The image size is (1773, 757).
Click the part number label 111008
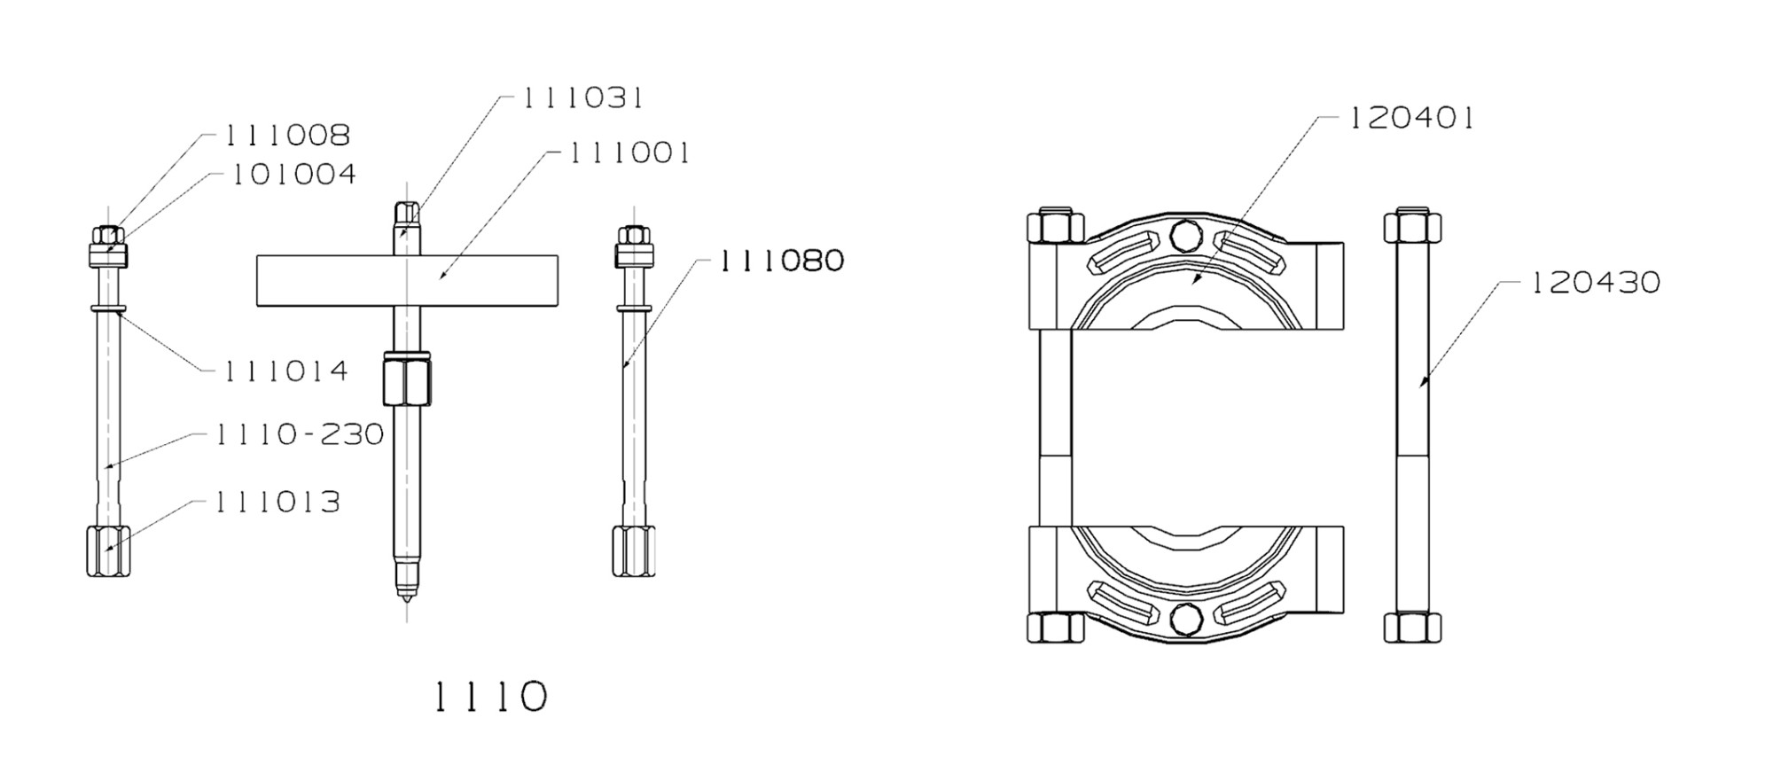point(286,136)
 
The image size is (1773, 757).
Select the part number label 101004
point(293,175)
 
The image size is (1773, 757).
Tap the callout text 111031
point(582,98)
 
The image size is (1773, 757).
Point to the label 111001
point(629,153)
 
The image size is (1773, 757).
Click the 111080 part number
point(781,261)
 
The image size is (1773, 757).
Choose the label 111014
point(285,371)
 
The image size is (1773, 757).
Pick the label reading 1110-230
point(300,434)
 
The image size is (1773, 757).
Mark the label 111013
point(277,503)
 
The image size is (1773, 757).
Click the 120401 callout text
point(1410,118)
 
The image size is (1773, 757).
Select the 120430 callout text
point(1595,283)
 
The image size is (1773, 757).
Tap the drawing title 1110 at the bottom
point(490,698)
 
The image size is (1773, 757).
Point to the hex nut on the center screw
point(407,379)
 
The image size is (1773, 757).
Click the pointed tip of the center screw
point(407,594)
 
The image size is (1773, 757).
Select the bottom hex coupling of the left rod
point(108,550)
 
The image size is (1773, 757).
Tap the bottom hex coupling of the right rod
point(634,550)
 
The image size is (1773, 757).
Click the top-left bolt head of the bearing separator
point(1055,227)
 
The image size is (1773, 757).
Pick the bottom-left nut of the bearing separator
point(1055,628)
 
